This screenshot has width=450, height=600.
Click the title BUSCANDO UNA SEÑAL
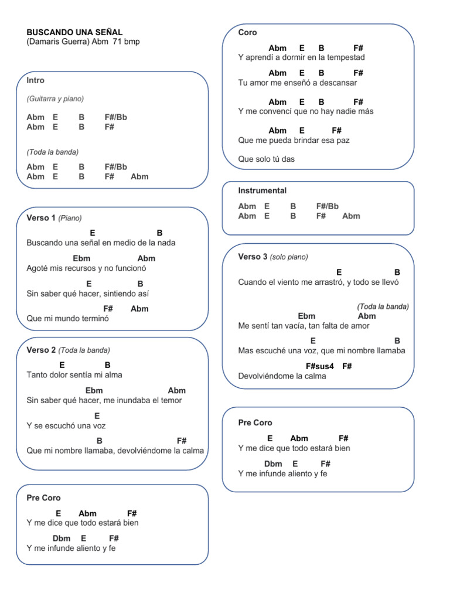[x=74, y=32]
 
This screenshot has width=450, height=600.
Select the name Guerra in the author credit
[x=75, y=42]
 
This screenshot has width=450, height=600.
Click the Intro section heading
[x=35, y=80]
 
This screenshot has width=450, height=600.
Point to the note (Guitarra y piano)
[x=55, y=98]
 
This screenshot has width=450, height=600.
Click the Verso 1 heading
[x=41, y=218]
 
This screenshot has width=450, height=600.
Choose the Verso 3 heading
[x=253, y=257]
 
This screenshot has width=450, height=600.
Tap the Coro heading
[x=247, y=32]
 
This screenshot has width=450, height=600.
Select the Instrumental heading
[x=262, y=190]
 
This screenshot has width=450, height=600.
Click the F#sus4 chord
[x=319, y=366]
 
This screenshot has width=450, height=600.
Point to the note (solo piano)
[x=289, y=257]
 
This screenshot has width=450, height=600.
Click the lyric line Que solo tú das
[x=266, y=159]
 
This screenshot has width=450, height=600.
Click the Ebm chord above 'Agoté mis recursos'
[x=81, y=258]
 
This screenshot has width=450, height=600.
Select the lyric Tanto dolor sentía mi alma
[x=74, y=375]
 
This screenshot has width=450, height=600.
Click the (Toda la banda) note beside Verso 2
[x=84, y=350]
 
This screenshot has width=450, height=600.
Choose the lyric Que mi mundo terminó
[x=67, y=319]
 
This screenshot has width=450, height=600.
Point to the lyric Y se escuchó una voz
[x=66, y=426]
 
